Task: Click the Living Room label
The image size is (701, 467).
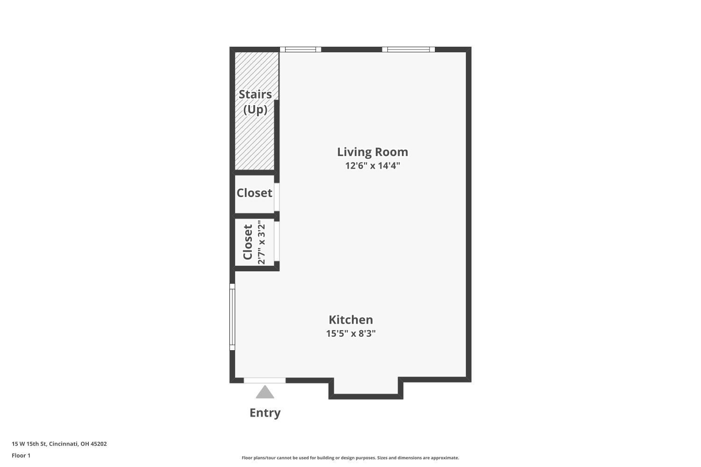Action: point(372,152)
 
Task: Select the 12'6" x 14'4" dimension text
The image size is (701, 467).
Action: point(372,165)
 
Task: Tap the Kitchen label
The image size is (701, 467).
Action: point(351,320)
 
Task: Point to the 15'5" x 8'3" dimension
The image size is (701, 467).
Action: point(351,333)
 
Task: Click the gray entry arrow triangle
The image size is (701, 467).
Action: point(265,392)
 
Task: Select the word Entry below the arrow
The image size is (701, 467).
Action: point(265,413)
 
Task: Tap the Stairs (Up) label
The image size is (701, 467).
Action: point(255,102)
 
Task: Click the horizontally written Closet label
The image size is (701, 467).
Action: point(254,193)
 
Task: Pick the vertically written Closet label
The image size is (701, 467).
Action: point(248,242)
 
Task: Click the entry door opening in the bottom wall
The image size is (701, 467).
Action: point(265,380)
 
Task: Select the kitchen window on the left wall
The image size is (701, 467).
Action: point(232,317)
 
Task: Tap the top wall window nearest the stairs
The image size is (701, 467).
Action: point(300,50)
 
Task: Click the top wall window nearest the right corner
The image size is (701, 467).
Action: point(408,50)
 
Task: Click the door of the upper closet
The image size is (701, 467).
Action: point(277,197)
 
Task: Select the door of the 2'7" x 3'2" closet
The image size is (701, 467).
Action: point(277,241)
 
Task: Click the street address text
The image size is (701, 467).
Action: point(59,444)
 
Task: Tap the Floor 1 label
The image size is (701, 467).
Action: point(21,455)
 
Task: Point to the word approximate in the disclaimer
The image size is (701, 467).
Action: point(444,458)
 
